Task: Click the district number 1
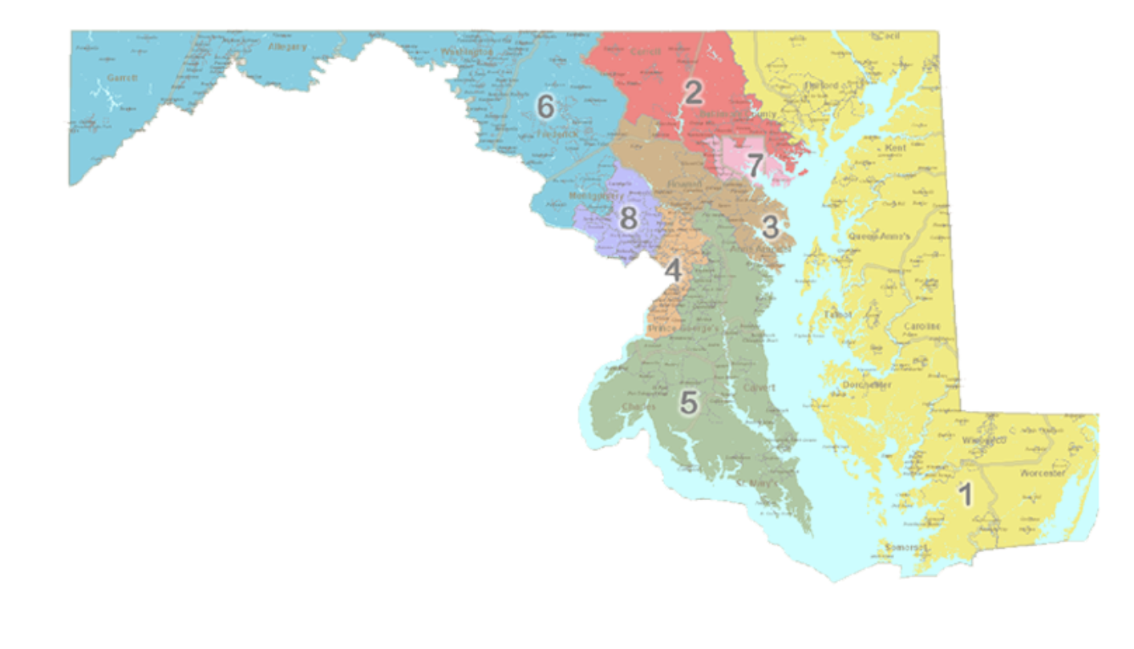(966, 494)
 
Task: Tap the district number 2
(692, 93)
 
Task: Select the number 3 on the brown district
(770, 227)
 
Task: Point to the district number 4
(674, 271)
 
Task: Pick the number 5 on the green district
(688, 403)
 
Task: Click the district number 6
(545, 107)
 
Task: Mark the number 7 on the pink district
(755, 166)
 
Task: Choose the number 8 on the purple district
(629, 217)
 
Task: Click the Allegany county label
(287, 47)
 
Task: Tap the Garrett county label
(123, 78)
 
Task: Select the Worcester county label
(1042, 474)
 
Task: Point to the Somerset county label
(905, 548)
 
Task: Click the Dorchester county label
(867, 385)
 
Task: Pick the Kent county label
(895, 149)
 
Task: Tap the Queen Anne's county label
(879, 237)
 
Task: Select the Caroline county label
(921, 327)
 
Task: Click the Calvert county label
(759, 388)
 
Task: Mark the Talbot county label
(838, 315)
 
